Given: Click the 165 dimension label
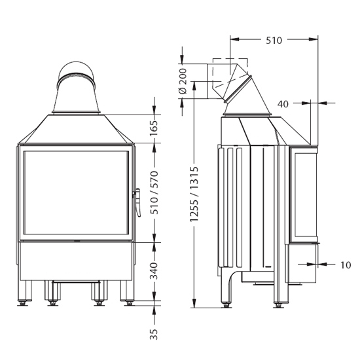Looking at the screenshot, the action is click(x=154, y=128).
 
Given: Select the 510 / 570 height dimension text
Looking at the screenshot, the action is click(x=154, y=192).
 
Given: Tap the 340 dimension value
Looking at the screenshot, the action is click(x=154, y=271).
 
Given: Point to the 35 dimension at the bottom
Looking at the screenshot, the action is click(x=154, y=334).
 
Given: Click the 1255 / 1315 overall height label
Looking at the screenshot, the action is click(x=194, y=194).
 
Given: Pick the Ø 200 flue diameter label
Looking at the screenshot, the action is click(x=183, y=81).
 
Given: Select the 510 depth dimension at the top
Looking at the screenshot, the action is click(x=274, y=41).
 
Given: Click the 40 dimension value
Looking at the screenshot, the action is click(x=283, y=104).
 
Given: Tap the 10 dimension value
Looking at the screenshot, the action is click(x=346, y=265).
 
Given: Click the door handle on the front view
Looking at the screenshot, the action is click(x=137, y=202).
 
